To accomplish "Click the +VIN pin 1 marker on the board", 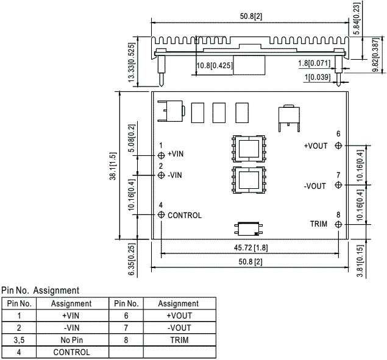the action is coord(161,155).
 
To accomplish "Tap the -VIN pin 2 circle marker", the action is coord(161,175).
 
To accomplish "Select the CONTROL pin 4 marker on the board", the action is coord(161,214).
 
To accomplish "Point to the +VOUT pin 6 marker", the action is coord(338,146).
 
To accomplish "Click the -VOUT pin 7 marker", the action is coord(338,185).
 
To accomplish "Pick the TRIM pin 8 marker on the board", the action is coord(338,225).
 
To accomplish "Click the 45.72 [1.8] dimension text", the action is coord(250,247).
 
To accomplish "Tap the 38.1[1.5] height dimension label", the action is coord(113,166).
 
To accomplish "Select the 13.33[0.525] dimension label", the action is coord(132,62).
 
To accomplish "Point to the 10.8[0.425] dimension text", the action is coord(215,66).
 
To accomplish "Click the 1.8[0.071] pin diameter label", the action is coord(314,63).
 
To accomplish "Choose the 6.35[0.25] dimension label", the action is coord(132,259).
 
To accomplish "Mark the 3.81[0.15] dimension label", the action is coord(360,261).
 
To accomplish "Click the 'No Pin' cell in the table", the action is coord(71,340).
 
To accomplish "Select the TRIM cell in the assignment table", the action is coord(179,340).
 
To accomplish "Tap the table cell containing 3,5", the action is coord(19,340).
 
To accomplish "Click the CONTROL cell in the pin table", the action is coord(71,352).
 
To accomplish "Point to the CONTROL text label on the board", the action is coord(185,216).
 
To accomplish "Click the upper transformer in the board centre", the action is coord(249,149).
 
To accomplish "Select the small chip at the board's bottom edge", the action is coord(248,229).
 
